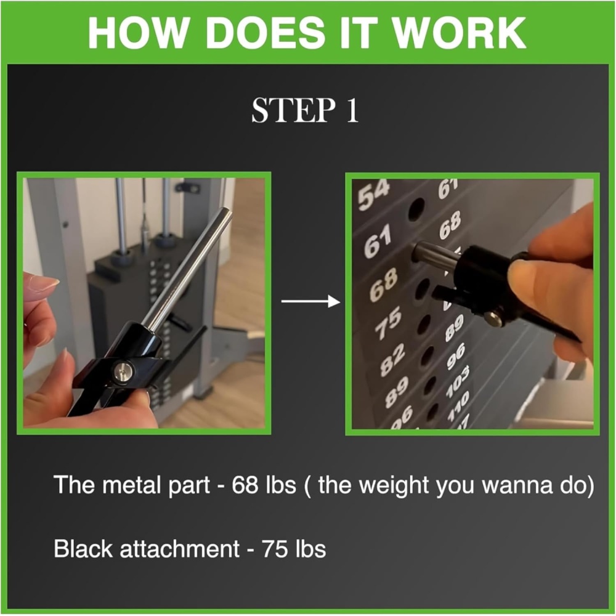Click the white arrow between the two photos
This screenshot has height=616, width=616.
point(310,302)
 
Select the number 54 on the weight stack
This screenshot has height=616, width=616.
point(373,194)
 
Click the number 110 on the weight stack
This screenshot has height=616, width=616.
point(458,405)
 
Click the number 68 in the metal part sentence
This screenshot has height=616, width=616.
point(245,485)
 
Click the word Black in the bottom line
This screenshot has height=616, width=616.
point(83,548)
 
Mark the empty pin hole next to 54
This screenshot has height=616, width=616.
point(416,208)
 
